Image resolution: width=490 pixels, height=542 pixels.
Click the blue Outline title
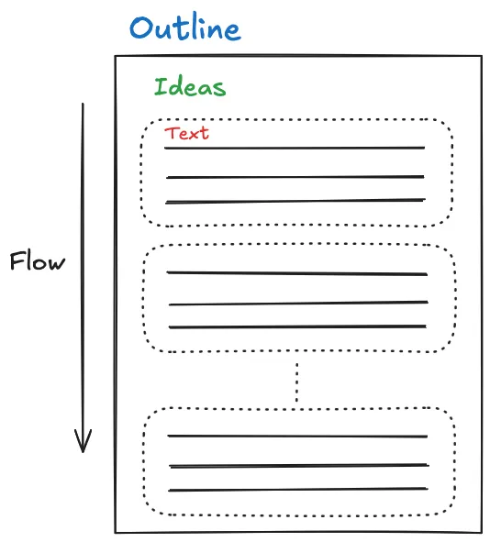184,28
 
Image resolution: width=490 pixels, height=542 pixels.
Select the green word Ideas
189,88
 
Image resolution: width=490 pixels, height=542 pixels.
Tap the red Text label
187,134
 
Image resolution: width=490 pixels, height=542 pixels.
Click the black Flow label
38,262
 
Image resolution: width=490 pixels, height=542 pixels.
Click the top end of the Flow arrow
83,105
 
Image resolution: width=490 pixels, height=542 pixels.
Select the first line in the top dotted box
295,148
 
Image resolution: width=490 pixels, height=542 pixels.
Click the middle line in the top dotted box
295,177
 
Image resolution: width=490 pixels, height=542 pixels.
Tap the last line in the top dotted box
295,201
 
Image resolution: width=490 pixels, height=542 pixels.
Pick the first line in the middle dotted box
296,273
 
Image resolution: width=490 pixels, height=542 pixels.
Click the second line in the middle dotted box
297,304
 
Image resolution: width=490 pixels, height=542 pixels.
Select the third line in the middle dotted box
296,326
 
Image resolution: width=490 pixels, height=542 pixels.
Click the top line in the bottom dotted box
297,437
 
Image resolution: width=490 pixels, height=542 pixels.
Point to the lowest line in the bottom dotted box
297,490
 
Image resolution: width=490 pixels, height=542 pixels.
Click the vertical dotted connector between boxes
296,382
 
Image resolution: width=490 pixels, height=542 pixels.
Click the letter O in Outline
141,28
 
